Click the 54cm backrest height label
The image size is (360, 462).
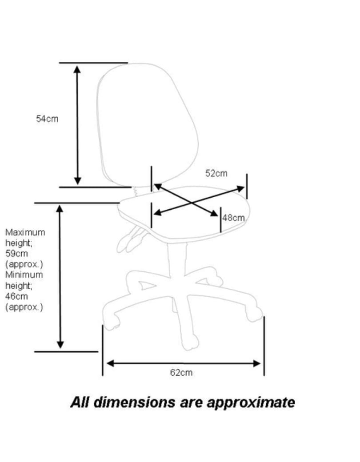(47, 119)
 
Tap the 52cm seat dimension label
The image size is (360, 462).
(216, 173)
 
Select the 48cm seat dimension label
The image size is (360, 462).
(233, 218)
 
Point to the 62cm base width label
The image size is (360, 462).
(181, 373)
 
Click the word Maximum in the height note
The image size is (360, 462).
(25, 232)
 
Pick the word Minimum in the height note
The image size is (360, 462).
(24, 275)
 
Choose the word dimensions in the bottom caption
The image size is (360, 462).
(127, 402)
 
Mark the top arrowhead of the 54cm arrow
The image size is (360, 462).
(77, 69)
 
